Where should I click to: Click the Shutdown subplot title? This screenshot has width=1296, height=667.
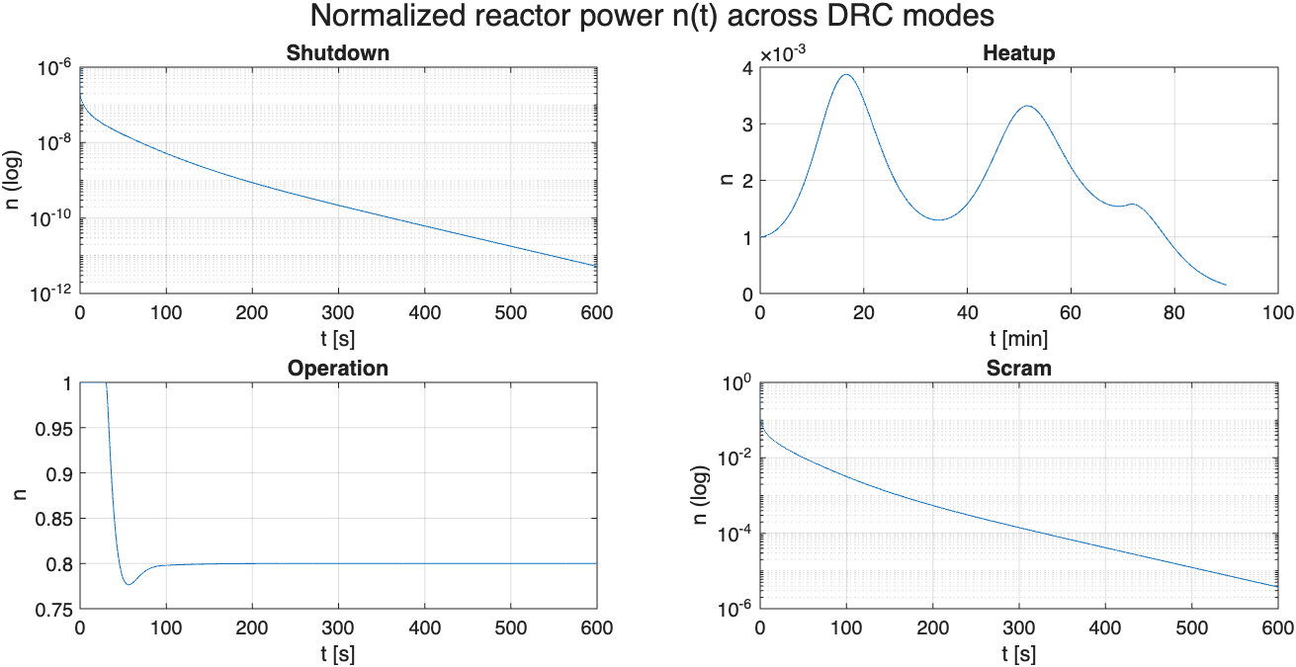pyautogui.click(x=338, y=53)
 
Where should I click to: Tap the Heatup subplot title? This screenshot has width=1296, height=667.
pyautogui.click(x=1019, y=53)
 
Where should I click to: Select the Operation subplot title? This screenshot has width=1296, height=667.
pyautogui.click(x=338, y=369)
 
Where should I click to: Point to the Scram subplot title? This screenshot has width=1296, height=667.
pyautogui.click(x=1019, y=369)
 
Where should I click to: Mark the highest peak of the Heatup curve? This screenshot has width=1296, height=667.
pyautogui.click(x=846, y=75)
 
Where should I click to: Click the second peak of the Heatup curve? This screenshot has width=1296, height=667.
pyautogui.click(x=1027, y=106)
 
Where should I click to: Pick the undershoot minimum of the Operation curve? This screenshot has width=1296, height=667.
pyautogui.click(x=129, y=584)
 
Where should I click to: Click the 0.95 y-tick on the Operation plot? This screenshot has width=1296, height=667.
pyautogui.click(x=53, y=429)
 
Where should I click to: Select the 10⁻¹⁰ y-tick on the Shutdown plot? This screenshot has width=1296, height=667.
pyautogui.click(x=51, y=218)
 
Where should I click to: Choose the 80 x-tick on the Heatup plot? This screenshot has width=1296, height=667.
pyautogui.click(x=1174, y=313)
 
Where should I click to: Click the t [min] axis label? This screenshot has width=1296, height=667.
pyautogui.click(x=1019, y=338)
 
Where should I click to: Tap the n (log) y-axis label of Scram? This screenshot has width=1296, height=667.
pyautogui.click(x=700, y=495)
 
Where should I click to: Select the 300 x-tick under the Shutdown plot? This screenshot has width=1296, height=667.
pyautogui.click(x=338, y=313)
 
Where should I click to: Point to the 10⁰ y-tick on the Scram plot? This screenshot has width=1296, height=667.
pyautogui.click(x=736, y=383)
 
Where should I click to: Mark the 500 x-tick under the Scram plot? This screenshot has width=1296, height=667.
pyautogui.click(x=1191, y=628)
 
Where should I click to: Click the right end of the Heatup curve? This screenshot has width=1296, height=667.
pyautogui.click(x=1226, y=285)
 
